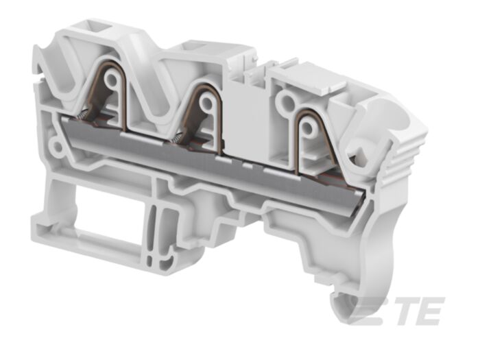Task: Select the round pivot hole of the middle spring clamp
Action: pos(204,100)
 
